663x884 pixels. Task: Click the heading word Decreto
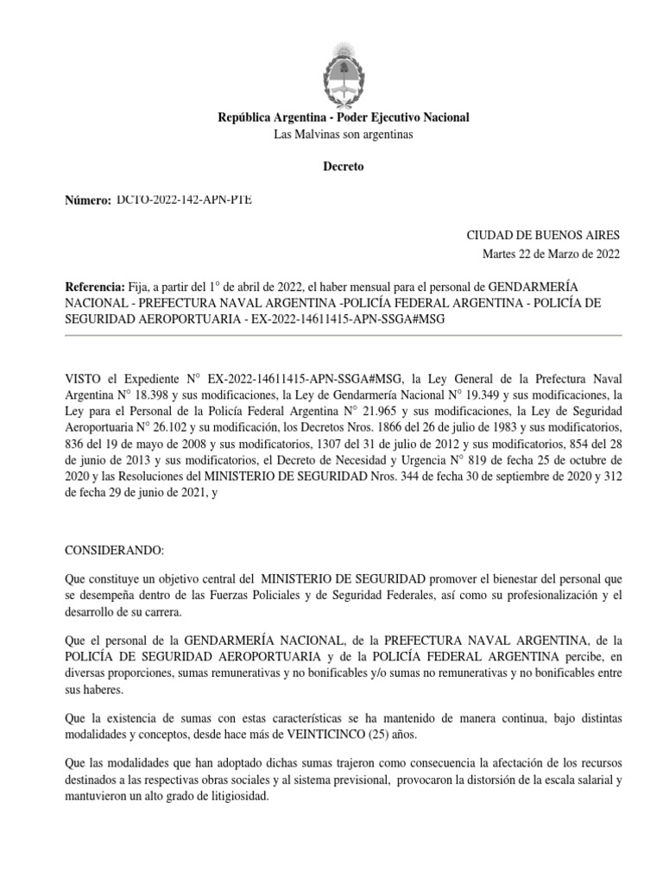344,167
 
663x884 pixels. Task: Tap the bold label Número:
89,200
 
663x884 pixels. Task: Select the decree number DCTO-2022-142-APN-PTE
184,199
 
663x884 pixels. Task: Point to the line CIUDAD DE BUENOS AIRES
543,235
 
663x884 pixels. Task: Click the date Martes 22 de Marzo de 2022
550,253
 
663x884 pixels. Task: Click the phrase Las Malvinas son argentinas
344,135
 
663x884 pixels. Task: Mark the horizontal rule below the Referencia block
344,335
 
